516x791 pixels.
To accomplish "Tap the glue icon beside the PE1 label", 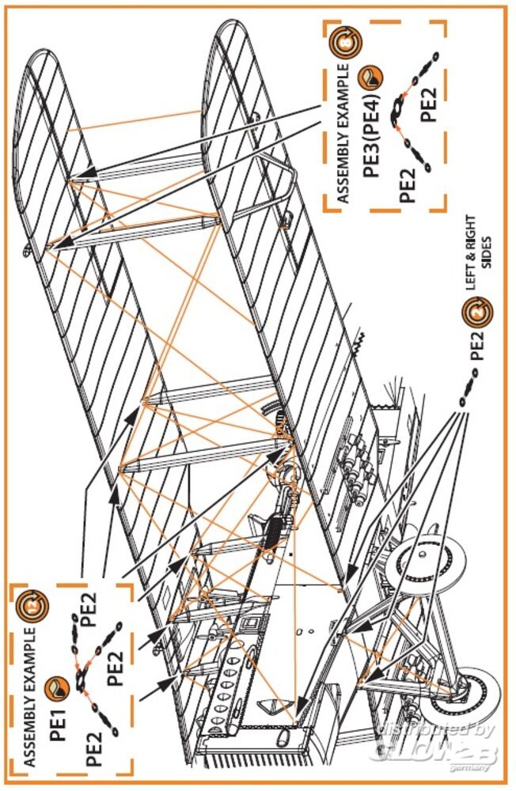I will [55, 687].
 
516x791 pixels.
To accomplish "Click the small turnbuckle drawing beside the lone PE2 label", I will [468, 388].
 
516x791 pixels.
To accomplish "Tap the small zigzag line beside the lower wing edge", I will [359, 341].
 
